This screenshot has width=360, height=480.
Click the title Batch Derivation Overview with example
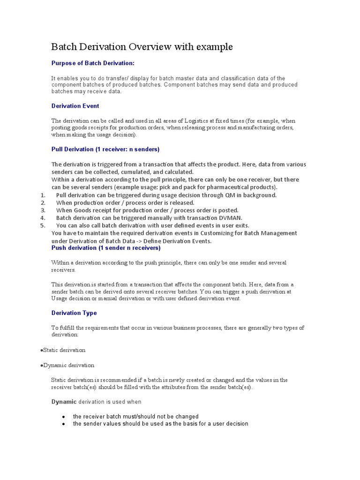[142, 47]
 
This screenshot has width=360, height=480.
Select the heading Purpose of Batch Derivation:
[93, 63]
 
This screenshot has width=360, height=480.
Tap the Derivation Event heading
[75, 106]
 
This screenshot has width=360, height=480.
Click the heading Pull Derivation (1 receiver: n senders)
[105, 149]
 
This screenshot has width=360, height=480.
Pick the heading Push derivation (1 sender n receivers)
[106, 247]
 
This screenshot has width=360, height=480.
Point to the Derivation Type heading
[74, 313]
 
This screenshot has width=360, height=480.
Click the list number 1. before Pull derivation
[43, 195]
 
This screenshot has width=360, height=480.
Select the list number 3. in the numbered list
[43, 210]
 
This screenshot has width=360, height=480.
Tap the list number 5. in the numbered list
[43, 225]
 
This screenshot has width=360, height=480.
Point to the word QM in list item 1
[232, 195]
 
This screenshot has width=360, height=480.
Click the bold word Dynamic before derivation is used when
[63, 401]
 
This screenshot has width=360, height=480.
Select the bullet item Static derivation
[64, 350]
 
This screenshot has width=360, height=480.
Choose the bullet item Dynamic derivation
[68, 365]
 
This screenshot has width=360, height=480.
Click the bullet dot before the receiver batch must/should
[63, 416]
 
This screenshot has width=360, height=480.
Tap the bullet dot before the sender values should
[63, 424]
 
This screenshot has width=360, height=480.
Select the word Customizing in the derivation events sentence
[217, 233]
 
